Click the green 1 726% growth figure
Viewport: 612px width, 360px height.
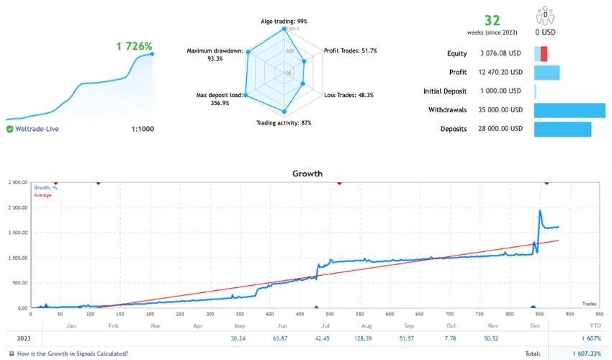click(135, 46)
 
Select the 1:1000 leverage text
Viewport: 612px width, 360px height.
click(142, 129)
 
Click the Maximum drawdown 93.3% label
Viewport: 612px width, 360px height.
click(215, 55)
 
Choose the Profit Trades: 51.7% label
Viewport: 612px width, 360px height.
click(350, 51)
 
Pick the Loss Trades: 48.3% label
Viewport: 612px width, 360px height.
click(351, 95)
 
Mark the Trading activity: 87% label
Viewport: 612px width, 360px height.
click(284, 123)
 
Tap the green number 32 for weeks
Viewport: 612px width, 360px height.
click(492, 20)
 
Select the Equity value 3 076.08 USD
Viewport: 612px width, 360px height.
click(500, 53)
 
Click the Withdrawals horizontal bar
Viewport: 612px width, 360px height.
click(569, 110)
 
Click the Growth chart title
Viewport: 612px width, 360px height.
click(307, 174)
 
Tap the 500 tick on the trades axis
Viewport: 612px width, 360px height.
click(328, 314)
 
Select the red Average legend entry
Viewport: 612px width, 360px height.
click(44, 195)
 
